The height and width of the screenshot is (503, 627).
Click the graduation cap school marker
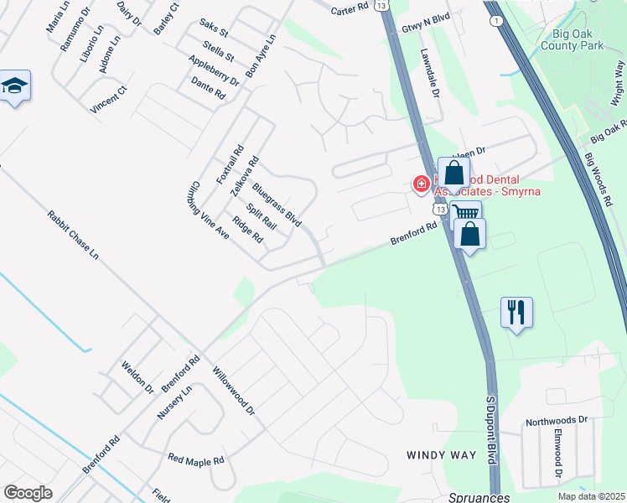15,86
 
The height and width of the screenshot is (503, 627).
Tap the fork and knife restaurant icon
516,313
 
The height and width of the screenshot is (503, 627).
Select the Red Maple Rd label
196,459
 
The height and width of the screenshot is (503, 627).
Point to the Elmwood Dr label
557,455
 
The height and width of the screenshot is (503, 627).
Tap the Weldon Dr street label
138,378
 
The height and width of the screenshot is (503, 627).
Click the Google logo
28,493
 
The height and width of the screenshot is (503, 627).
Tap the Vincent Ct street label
109,100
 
